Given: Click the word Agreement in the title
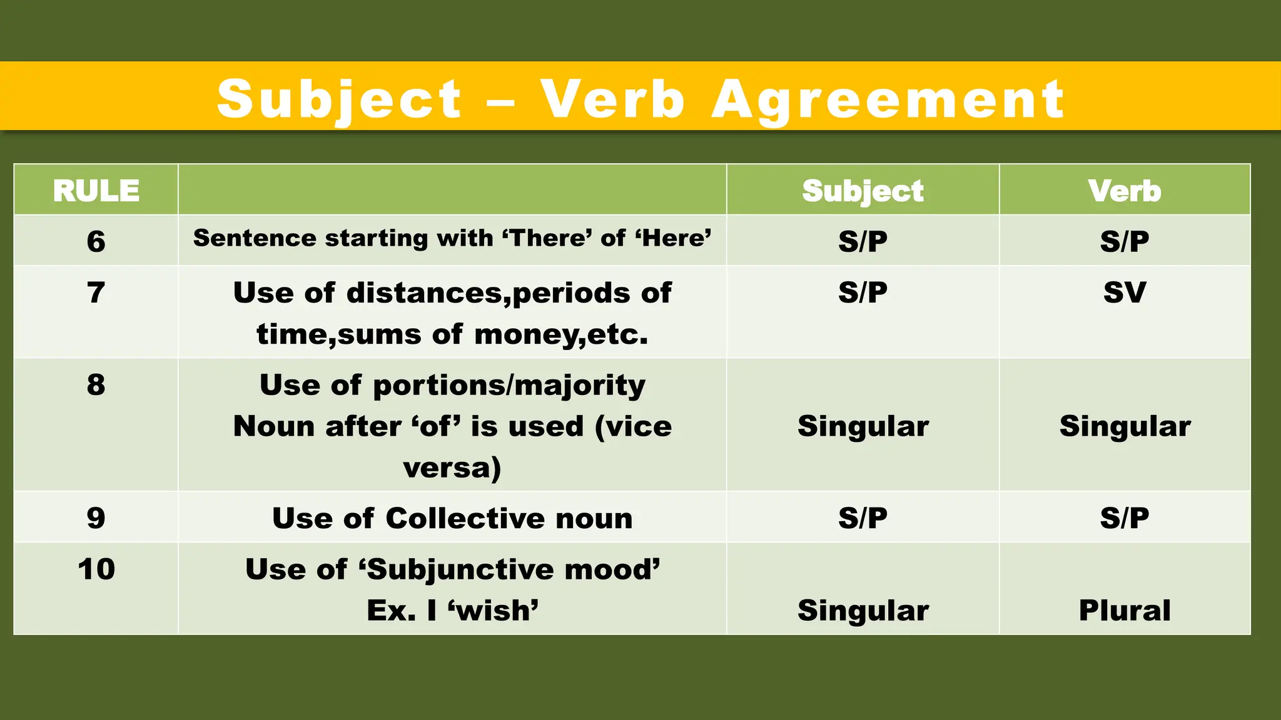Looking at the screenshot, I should [x=888, y=100].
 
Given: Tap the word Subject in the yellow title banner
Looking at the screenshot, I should [x=339, y=100].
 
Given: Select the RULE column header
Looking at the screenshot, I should [x=96, y=191].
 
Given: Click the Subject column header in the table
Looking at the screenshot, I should [x=863, y=191].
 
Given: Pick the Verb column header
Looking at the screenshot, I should [x=1124, y=191].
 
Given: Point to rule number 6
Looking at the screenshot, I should [x=96, y=241].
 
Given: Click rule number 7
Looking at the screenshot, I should [x=96, y=292].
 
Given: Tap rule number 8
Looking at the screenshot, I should [x=96, y=384].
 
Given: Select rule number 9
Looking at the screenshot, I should [x=96, y=518].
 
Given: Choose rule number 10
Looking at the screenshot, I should [x=96, y=569].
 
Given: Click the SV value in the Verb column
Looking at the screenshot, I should [x=1124, y=292].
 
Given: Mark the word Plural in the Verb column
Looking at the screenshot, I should [x=1124, y=611].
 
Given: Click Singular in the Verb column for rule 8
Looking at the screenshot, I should [x=1125, y=426].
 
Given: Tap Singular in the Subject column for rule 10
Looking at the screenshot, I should [x=863, y=611].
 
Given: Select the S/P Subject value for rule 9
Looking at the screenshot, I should [x=863, y=518].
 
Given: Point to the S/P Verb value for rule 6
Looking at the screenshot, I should [x=1124, y=241].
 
